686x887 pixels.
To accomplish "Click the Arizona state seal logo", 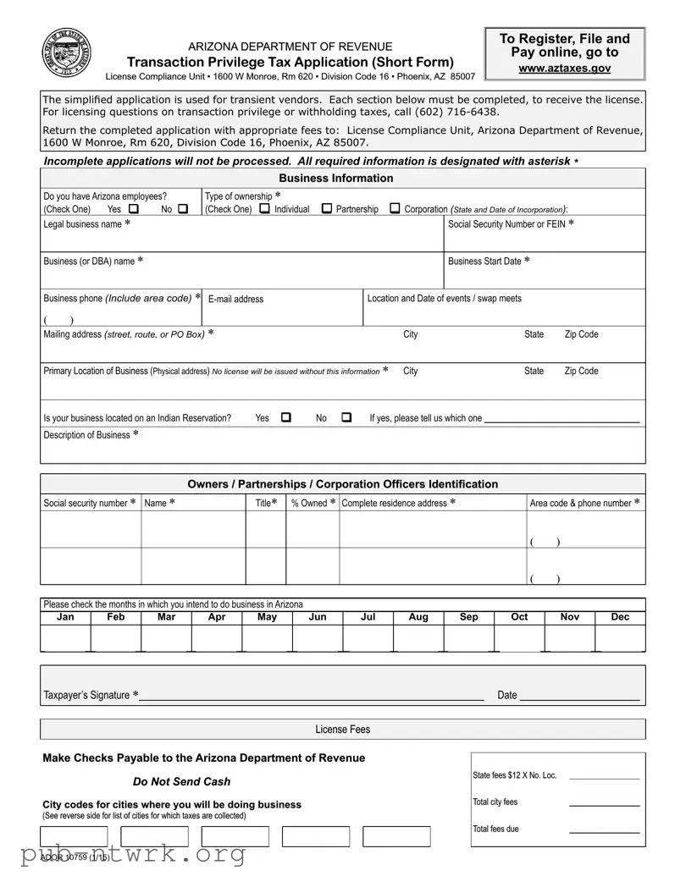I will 65,54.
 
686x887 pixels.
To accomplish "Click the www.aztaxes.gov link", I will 564,68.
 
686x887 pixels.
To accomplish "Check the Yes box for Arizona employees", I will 134,209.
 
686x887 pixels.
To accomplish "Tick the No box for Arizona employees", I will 183,209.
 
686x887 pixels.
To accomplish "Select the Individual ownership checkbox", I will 265,208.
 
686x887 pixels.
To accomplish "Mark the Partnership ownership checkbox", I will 327,208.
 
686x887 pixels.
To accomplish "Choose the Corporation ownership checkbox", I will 395,208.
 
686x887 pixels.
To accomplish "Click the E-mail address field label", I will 235,299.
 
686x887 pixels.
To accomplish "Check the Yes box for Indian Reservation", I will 285,417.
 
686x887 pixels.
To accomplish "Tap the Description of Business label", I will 86,435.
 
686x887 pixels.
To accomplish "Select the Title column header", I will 266,503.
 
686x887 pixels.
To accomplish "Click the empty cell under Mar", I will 166,638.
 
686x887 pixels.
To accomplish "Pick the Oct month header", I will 519,617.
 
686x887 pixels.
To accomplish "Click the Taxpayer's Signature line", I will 311,696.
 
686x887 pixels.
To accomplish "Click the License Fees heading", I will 342,729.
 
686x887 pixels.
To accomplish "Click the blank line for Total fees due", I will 604,830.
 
